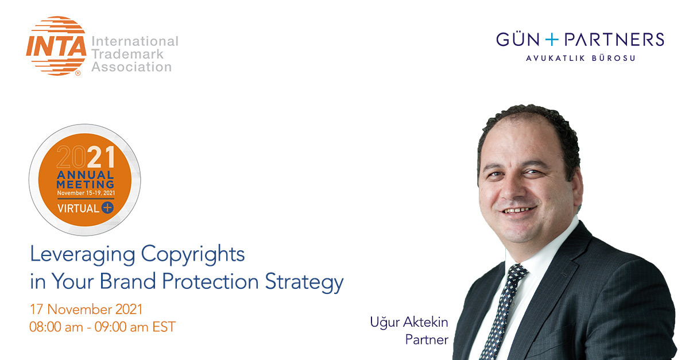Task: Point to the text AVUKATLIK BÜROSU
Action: tap(580, 58)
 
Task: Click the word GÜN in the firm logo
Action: tap(518, 40)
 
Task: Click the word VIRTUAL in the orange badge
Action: tap(78, 208)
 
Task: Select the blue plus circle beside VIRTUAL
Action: tap(107, 208)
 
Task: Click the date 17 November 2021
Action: tap(86, 309)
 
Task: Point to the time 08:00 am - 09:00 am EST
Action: tap(102, 327)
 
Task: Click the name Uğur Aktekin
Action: tap(409, 322)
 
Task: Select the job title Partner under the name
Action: tap(426, 339)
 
